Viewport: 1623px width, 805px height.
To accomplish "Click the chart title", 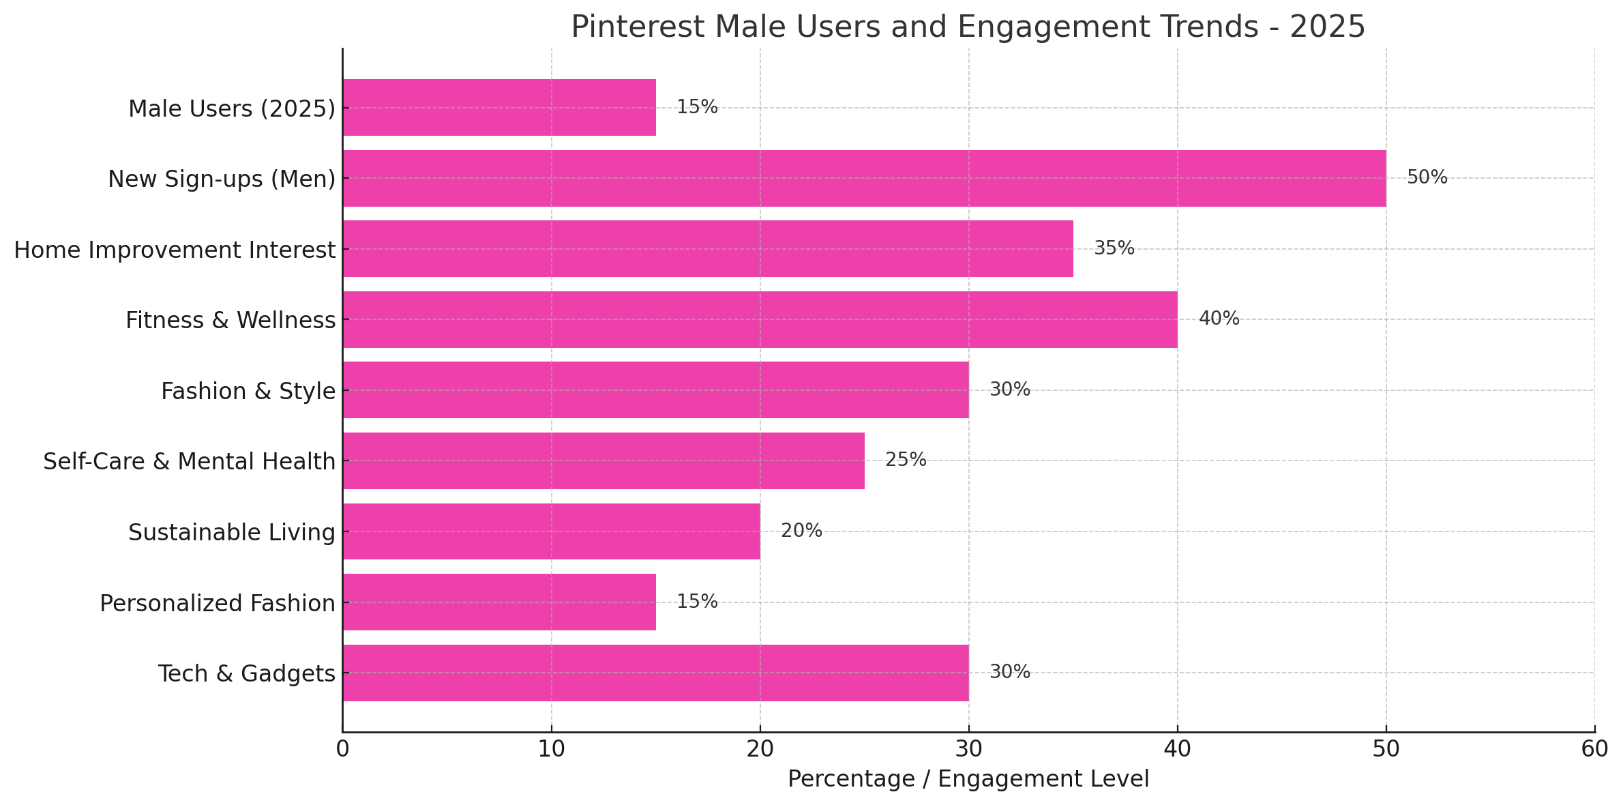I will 968,27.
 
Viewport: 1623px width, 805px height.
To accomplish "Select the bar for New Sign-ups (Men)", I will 864,178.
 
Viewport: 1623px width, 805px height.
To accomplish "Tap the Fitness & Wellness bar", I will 760,319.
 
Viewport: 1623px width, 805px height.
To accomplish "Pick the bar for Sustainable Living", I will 551,531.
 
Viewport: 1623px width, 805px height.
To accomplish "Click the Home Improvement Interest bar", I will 708,248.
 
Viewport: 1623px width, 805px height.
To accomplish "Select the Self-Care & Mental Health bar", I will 604,460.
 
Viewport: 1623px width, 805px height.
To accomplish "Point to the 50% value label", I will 1427,177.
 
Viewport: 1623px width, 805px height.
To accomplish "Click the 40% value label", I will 1219,319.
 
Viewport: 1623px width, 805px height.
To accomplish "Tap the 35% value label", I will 1114,248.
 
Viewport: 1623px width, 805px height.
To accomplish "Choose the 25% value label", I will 906,460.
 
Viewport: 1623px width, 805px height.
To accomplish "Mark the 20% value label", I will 801,531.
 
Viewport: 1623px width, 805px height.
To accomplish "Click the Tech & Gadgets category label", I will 247,673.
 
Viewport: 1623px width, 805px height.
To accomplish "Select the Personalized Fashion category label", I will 218,603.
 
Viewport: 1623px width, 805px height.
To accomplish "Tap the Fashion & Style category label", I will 248,391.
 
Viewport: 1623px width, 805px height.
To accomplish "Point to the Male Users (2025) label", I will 232,108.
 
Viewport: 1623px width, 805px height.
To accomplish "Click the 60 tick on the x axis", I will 1594,749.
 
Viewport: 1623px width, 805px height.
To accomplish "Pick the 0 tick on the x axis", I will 342,749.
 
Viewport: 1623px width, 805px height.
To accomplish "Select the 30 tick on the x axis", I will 968,749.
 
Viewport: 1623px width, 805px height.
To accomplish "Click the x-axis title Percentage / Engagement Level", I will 968,779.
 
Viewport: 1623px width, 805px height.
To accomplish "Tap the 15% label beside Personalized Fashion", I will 697,602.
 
